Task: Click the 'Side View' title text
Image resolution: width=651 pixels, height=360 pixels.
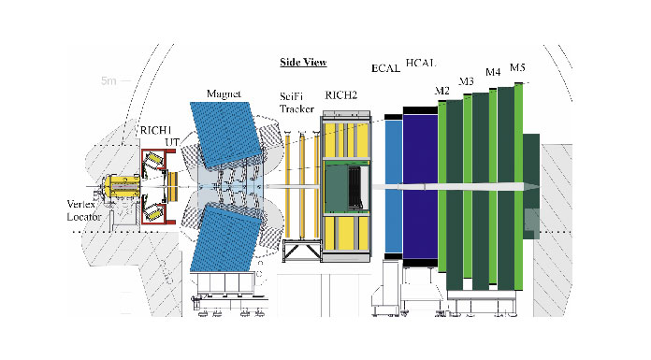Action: [303, 63]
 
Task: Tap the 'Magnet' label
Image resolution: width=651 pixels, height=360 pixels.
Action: [224, 94]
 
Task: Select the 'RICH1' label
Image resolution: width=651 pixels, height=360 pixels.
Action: [155, 130]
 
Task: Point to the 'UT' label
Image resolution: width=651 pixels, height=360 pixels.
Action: [172, 142]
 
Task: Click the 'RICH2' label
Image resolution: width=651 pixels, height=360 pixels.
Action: [340, 95]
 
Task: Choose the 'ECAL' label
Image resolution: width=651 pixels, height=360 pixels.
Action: [385, 68]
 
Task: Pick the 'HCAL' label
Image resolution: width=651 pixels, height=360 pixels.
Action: [421, 63]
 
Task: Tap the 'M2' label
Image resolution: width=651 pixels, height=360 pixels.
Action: [441, 91]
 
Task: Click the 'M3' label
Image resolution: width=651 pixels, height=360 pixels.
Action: [466, 81]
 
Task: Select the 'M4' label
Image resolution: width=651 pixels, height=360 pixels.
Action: [493, 72]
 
